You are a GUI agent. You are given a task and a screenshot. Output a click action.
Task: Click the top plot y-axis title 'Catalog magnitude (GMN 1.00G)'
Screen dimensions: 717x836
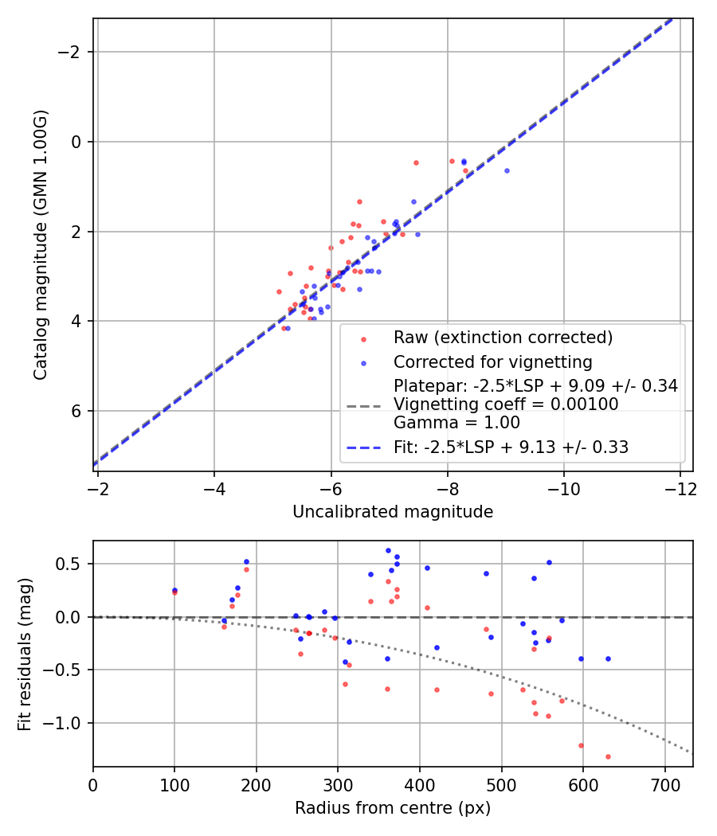click(x=41, y=244)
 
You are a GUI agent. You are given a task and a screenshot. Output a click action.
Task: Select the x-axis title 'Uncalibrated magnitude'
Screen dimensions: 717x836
click(x=393, y=512)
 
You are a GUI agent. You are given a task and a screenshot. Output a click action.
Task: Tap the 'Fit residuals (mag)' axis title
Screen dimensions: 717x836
click(x=25, y=654)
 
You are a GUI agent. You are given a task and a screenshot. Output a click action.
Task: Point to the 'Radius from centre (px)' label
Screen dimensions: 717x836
click(x=393, y=808)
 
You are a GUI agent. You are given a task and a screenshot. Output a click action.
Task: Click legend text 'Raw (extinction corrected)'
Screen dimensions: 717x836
click(x=503, y=338)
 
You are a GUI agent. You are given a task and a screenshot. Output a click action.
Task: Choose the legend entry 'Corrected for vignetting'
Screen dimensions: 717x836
click(x=493, y=362)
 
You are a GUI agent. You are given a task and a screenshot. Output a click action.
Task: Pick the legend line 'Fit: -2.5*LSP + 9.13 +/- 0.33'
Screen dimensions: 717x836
click(x=511, y=447)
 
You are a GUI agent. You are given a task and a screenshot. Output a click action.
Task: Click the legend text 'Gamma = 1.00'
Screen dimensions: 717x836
click(x=456, y=423)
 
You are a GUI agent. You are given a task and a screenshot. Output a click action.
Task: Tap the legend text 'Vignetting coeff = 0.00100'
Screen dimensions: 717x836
click(x=506, y=404)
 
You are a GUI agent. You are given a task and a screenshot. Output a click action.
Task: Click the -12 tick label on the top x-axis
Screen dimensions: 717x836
click(x=680, y=489)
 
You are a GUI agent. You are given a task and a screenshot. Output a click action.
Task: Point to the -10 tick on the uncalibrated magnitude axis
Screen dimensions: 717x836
click(x=564, y=489)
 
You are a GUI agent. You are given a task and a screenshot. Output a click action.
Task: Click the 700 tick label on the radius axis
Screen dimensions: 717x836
click(x=664, y=786)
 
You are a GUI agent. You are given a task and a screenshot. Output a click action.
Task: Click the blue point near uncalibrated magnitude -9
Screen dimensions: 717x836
click(x=507, y=170)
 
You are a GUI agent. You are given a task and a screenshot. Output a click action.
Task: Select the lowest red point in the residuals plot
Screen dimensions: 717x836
click(x=608, y=756)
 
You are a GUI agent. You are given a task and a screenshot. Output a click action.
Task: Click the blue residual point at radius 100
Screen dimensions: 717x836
click(x=174, y=590)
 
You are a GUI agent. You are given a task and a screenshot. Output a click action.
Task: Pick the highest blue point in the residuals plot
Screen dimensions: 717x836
click(x=389, y=551)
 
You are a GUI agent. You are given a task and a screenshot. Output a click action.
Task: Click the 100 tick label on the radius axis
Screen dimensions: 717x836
click(x=175, y=786)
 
